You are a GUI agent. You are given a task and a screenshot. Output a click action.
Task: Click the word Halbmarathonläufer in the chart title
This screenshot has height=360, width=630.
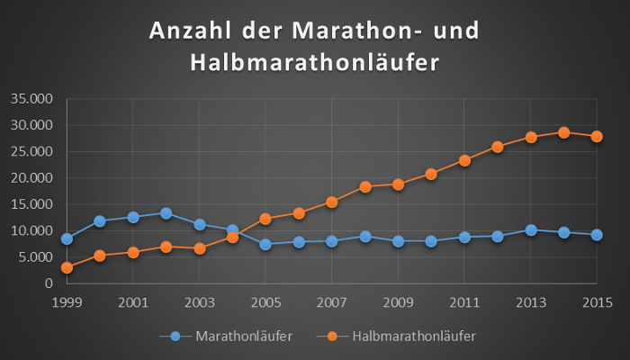(x=314, y=62)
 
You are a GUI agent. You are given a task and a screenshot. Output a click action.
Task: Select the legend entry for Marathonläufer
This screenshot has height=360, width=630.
(x=236, y=336)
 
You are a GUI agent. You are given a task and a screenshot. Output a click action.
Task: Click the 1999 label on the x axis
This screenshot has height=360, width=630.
(x=67, y=301)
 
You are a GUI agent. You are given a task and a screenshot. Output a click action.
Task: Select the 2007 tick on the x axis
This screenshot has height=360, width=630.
(x=332, y=301)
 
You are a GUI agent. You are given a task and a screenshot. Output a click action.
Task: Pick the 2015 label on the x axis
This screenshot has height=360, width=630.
(x=597, y=301)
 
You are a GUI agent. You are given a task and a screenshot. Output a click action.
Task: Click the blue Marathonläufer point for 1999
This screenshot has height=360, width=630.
(x=67, y=238)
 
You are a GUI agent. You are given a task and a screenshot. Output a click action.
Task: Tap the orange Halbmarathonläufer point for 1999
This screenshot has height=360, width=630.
(x=67, y=267)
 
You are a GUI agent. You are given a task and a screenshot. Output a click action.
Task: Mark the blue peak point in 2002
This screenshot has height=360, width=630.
(x=166, y=213)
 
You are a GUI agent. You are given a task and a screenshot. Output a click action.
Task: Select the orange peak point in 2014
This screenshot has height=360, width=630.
(x=563, y=132)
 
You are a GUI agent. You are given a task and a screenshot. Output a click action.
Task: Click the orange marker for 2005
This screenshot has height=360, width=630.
(x=265, y=219)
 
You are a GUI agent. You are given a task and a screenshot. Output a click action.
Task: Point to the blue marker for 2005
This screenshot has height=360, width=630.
(x=265, y=244)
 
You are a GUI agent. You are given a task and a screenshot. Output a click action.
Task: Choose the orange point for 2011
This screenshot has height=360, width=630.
(x=464, y=160)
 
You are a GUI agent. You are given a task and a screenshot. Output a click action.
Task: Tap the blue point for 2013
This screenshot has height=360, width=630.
(x=531, y=230)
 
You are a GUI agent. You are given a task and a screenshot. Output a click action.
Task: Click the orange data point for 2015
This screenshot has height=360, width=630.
(x=597, y=137)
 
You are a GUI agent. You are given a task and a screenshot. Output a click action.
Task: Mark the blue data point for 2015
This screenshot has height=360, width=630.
(x=597, y=235)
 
